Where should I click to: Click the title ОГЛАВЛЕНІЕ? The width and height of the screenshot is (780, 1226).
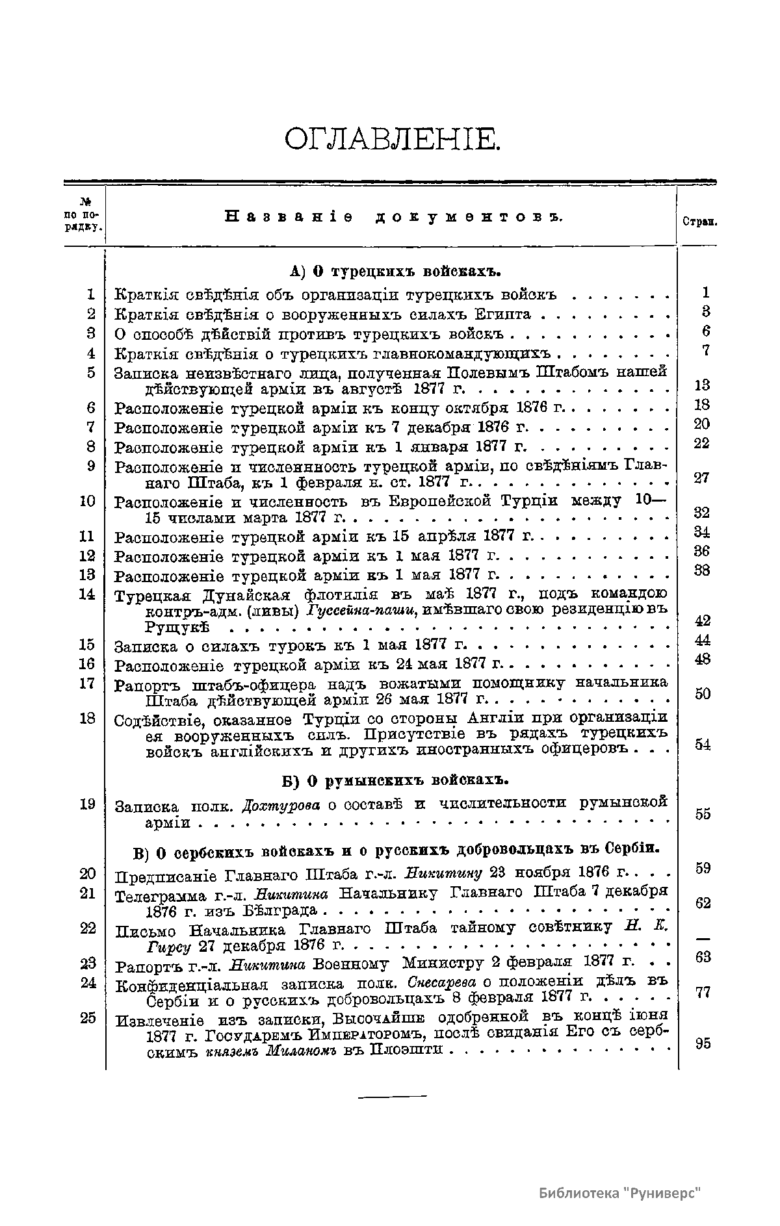[392, 140]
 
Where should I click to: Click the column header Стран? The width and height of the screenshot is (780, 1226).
[699, 221]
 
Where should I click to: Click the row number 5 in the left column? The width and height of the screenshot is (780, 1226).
[90, 373]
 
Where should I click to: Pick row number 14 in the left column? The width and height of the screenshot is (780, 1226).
[87, 594]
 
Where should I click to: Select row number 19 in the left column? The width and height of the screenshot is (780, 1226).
[87, 804]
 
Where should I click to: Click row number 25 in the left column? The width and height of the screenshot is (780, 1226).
[88, 1018]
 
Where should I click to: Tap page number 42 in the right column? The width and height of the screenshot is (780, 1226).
[702, 620]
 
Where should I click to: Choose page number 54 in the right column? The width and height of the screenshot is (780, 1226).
[702, 745]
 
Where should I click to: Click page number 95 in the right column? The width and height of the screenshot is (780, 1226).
[702, 1044]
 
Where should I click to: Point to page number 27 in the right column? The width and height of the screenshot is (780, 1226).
[701, 478]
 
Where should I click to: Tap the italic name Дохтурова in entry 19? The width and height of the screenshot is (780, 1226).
[281, 806]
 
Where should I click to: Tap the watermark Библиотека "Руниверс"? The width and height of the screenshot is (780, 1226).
[621, 1194]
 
